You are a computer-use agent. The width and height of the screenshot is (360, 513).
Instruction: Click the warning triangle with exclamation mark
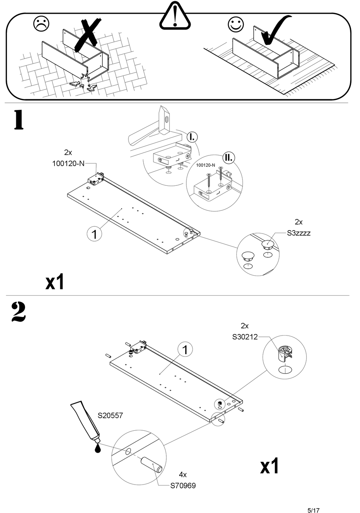(x=175, y=15)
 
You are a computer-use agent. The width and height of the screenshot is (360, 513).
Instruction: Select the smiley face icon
(x=236, y=24)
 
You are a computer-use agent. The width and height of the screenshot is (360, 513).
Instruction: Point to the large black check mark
(x=276, y=30)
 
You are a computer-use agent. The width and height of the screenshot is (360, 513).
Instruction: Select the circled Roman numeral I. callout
(x=192, y=137)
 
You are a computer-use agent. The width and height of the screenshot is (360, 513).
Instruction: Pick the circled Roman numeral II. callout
(x=229, y=158)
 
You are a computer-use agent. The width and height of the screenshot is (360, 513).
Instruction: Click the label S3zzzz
(x=299, y=233)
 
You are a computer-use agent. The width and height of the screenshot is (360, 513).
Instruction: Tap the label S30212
(x=245, y=337)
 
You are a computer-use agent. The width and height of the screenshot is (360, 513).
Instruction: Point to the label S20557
(x=110, y=416)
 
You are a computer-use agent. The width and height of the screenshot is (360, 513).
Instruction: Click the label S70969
(x=183, y=486)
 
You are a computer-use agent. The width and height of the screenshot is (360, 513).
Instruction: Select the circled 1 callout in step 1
(x=94, y=234)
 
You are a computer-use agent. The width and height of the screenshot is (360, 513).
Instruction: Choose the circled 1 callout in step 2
(x=185, y=350)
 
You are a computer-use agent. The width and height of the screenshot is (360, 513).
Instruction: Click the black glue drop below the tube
(x=98, y=447)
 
